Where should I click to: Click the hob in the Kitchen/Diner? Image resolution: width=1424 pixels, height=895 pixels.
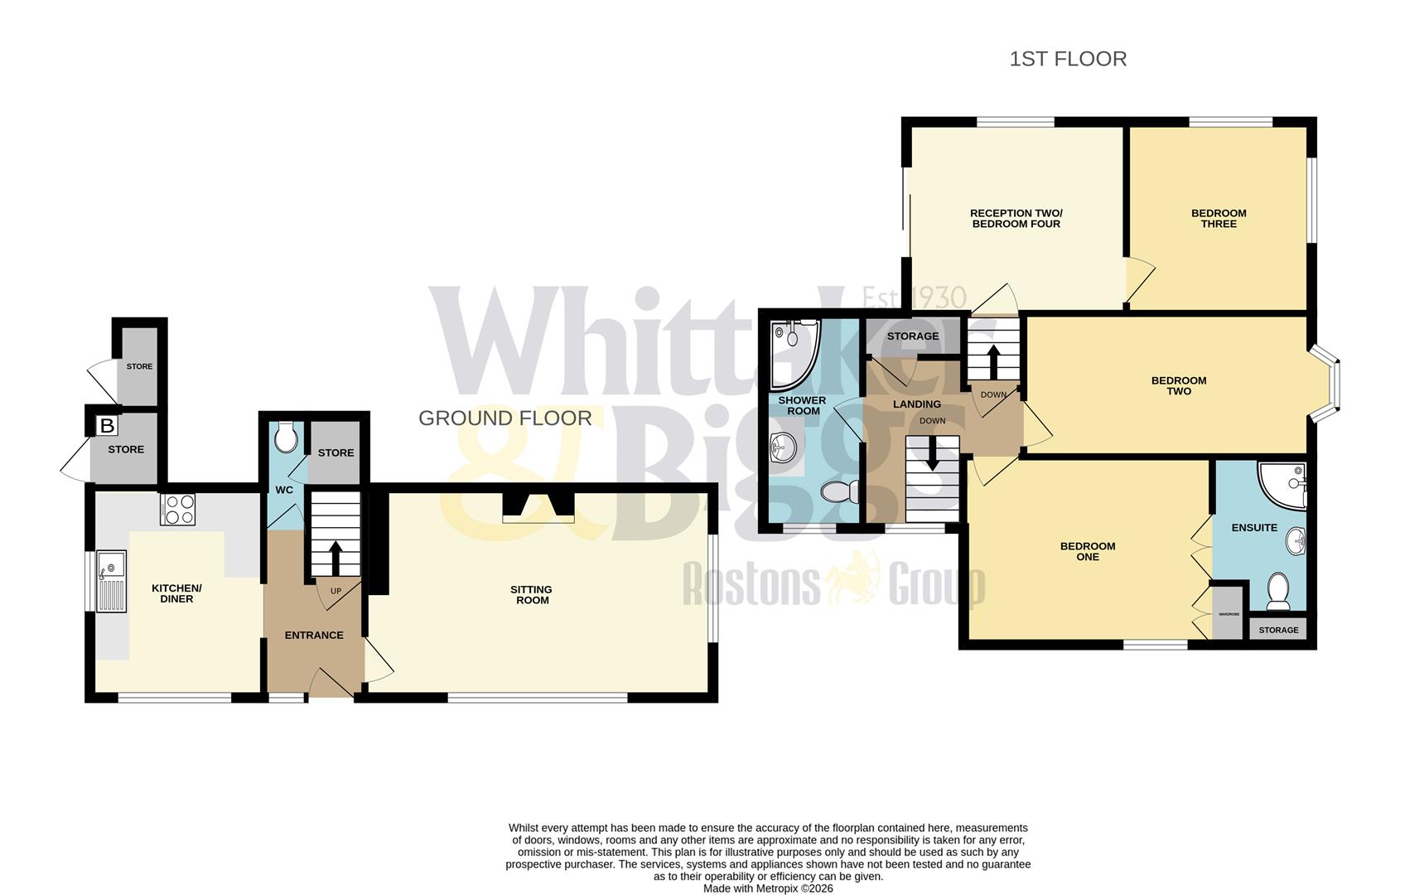(x=178, y=509)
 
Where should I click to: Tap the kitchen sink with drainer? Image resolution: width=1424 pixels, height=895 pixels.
(x=111, y=581)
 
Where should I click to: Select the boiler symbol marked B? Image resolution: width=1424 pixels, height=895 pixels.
(x=107, y=426)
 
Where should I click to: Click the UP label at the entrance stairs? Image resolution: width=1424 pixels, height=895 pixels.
(x=335, y=591)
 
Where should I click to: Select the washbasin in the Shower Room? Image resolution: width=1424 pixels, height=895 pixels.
(x=782, y=448)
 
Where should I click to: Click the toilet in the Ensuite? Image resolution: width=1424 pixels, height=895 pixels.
(x=1279, y=591)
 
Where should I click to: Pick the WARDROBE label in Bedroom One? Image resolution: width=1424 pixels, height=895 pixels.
(x=1229, y=614)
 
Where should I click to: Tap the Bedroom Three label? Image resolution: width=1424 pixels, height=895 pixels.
(x=1219, y=218)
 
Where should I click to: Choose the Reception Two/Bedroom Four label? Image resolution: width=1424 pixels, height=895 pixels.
(x=1016, y=218)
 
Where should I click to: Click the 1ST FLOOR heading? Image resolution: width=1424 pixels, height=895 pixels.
(x=1068, y=59)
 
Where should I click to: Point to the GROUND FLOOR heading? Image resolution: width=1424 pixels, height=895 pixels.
(x=504, y=418)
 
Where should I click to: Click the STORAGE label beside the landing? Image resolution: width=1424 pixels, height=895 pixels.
(x=913, y=336)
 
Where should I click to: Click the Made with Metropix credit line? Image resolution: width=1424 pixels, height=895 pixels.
(x=768, y=888)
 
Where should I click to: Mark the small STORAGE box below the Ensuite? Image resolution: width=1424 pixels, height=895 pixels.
(x=1278, y=630)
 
